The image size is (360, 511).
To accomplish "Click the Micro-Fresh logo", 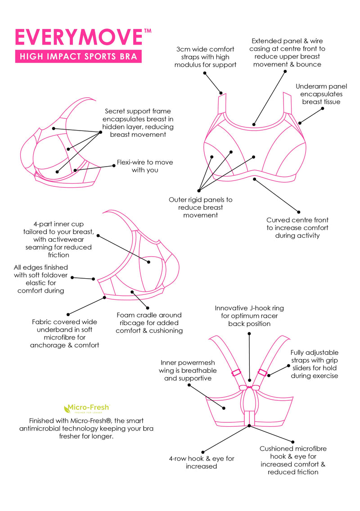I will pyautogui.click(x=86, y=409).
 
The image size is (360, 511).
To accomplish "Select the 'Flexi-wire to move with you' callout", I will pyautogui.click(x=145, y=166).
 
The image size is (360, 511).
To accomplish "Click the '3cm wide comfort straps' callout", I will pyautogui.click(x=206, y=57).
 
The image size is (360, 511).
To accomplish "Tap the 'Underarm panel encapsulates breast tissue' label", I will pyautogui.click(x=319, y=94).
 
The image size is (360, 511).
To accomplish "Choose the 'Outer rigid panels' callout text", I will pyautogui.click(x=201, y=207).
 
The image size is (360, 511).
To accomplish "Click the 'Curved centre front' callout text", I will pyautogui.click(x=297, y=227).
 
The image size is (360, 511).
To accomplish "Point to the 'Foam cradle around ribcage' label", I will pyautogui.click(x=149, y=322).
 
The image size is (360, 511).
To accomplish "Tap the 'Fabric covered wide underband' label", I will pyautogui.click(x=64, y=334).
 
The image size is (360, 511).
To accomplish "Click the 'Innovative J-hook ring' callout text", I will pyautogui.click(x=249, y=316).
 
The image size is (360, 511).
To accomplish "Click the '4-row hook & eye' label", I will pyautogui.click(x=202, y=462).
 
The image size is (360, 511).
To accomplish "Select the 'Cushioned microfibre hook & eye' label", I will pyautogui.click(x=293, y=460).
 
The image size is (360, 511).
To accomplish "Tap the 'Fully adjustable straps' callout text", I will pyautogui.click(x=314, y=364).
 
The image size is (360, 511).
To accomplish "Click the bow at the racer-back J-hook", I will pyautogui.click(x=249, y=387).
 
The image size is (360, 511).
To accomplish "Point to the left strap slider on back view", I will pyautogui.click(x=235, y=373).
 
